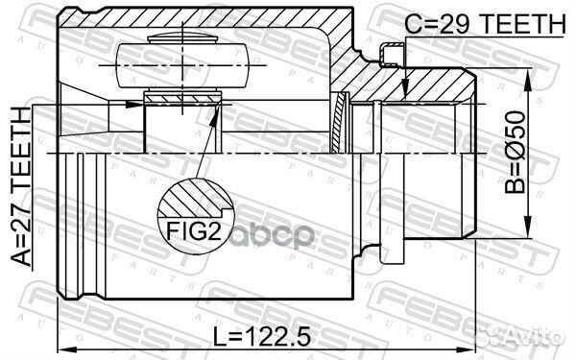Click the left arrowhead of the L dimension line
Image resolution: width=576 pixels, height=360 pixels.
64,348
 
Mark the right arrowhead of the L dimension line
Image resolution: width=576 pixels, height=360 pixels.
472,348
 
